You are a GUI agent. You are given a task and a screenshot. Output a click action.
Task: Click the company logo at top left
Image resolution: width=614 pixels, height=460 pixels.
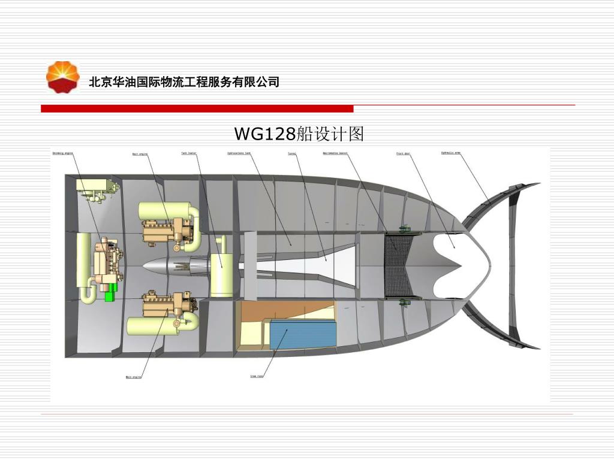click(x=63, y=77)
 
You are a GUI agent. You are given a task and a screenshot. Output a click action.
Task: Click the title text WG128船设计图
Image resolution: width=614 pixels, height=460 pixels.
click(x=299, y=134)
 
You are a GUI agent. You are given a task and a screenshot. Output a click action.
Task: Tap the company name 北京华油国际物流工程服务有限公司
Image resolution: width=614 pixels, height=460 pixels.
click(x=184, y=82)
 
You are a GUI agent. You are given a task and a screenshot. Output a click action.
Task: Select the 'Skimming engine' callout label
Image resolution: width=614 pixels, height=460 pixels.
click(x=62, y=153)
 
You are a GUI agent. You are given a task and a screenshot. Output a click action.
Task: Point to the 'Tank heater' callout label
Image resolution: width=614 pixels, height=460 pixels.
click(x=189, y=153)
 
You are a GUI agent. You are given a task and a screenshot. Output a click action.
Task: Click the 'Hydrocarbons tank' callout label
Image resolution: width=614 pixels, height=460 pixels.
click(x=239, y=153)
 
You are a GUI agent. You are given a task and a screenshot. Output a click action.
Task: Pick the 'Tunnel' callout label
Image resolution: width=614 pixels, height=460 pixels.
click(x=292, y=154)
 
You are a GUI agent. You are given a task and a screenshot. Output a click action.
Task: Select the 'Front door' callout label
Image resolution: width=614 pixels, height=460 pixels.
click(x=403, y=154)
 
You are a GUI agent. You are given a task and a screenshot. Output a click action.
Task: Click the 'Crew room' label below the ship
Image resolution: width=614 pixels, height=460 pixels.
click(x=257, y=376)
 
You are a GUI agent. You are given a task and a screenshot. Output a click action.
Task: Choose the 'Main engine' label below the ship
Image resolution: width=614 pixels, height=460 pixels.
click(x=133, y=377)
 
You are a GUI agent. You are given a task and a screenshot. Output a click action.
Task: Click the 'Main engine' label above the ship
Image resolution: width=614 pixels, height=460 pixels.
click(x=140, y=155)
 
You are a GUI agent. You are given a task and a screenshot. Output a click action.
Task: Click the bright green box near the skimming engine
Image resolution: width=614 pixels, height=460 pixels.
click(x=110, y=295)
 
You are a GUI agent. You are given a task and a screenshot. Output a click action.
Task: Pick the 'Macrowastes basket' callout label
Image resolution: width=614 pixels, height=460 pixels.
click(x=335, y=153)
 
